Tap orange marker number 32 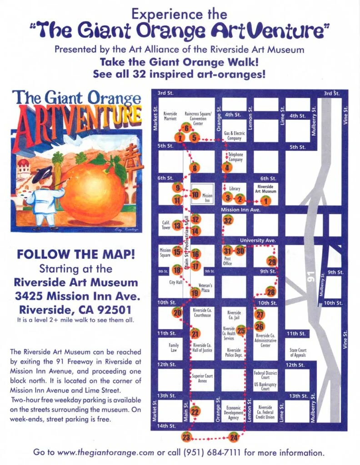(228, 221)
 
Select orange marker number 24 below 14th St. (234, 438)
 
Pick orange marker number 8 (195, 168)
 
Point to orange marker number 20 (177, 312)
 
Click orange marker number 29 (272, 262)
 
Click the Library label (235, 188)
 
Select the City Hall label (175, 282)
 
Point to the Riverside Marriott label (170, 116)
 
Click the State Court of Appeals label (298, 352)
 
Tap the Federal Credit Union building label (265, 412)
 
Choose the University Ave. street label (255, 240)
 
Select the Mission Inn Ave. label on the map (240, 210)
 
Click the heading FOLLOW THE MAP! (75, 253)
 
